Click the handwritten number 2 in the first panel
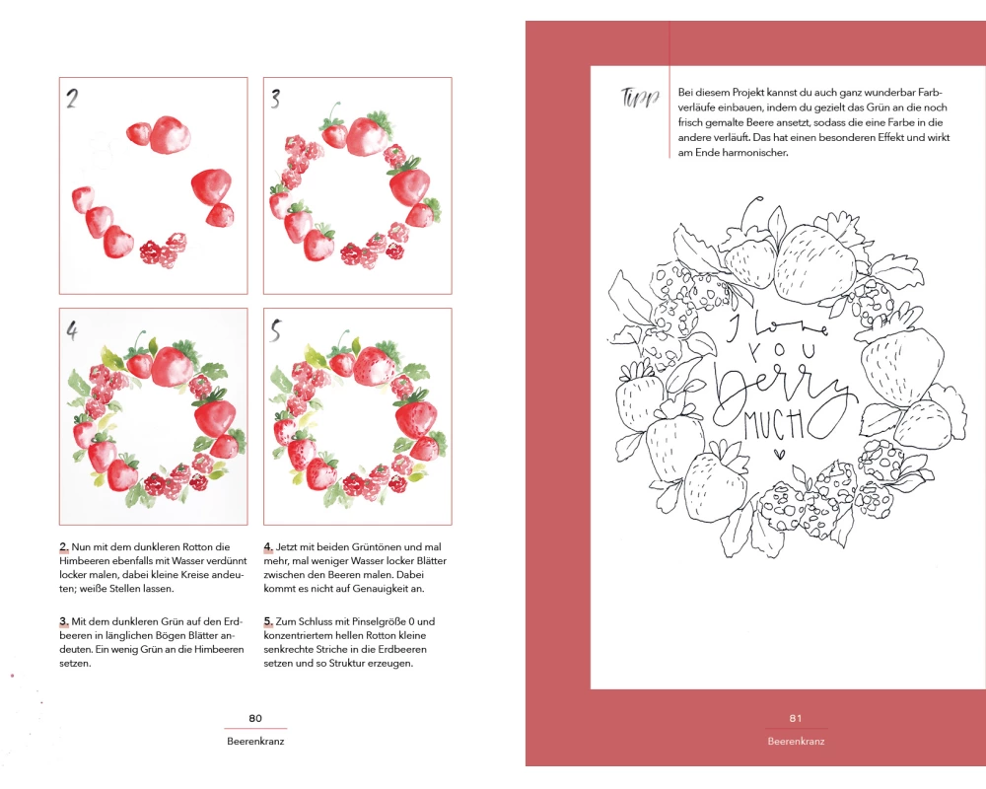click(72, 99)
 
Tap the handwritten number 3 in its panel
click(275, 99)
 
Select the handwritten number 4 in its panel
click(72, 330)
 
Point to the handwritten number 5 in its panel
click(275, 330)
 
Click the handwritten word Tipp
click(640, 98)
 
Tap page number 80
click(255, 719)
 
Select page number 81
click(796, 719)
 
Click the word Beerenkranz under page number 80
click(255, 742)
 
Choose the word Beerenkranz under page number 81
click(796, 742)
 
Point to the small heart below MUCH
click(779, 453)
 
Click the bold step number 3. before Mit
click(64, 621)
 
